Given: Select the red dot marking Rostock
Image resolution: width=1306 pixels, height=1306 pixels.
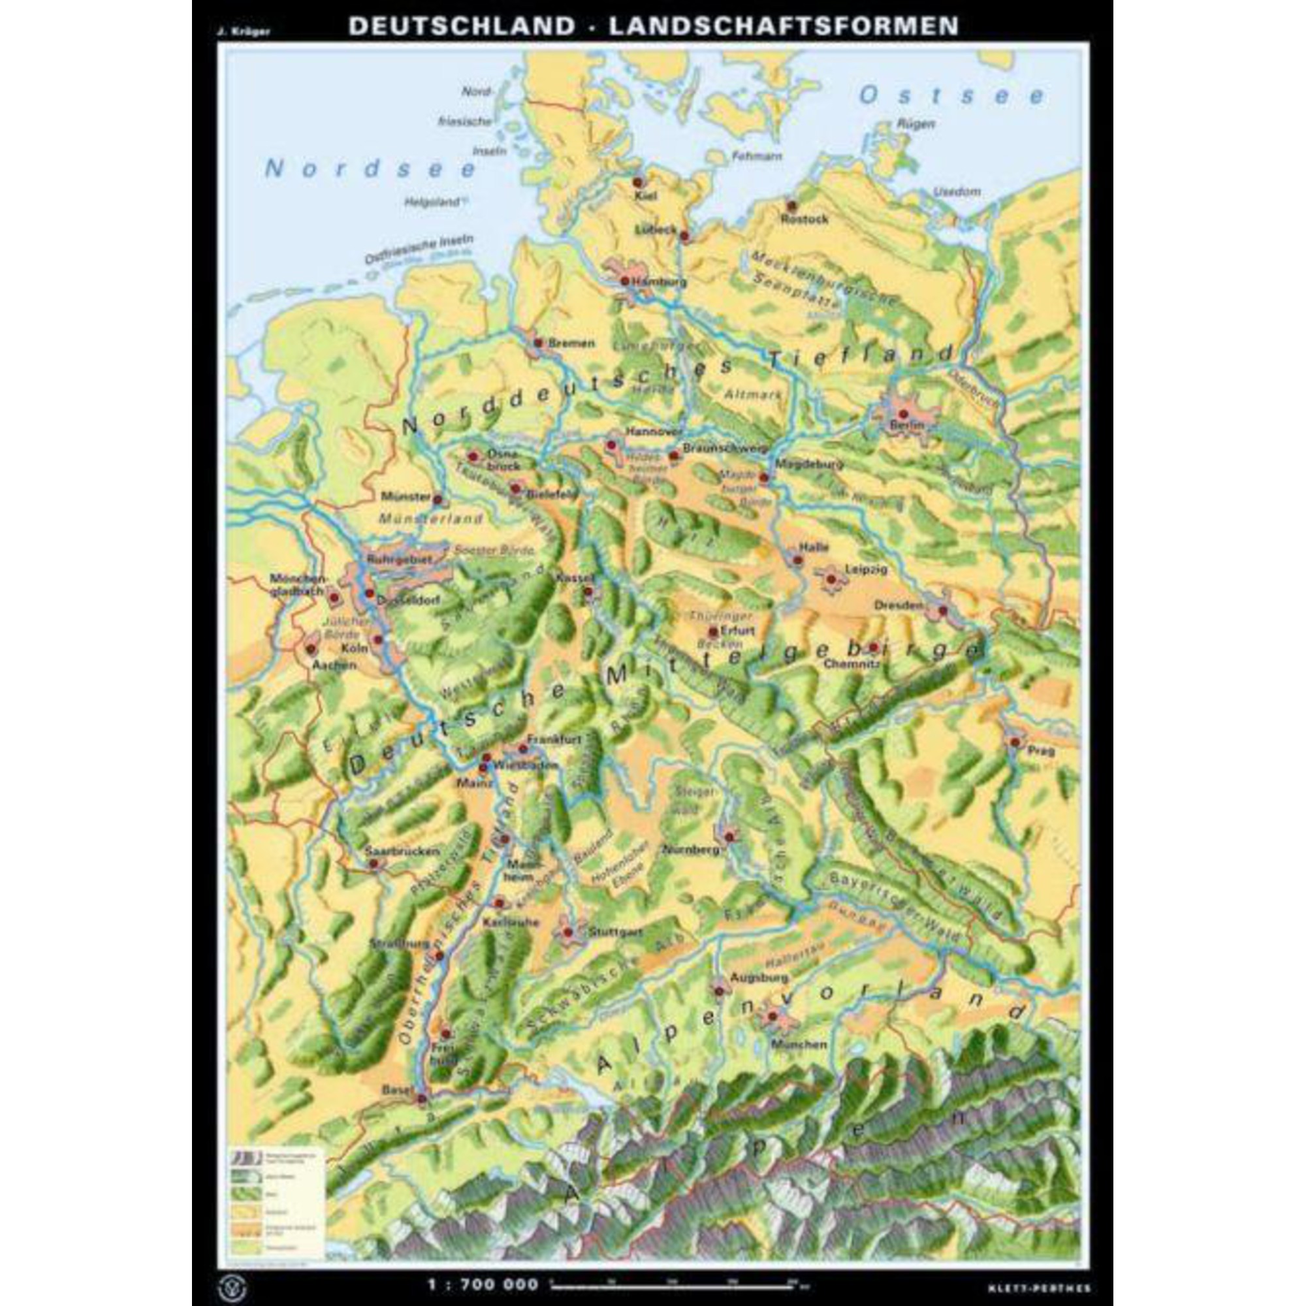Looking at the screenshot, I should click(789, 205).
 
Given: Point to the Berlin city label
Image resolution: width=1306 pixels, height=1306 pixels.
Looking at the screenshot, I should click(906, 425).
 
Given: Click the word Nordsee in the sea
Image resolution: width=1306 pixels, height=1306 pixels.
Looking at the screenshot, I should click(370, 168).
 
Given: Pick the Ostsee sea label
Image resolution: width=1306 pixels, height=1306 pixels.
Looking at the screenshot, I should click(952, 97).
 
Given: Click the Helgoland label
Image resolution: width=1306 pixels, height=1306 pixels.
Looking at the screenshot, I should click(431, 201).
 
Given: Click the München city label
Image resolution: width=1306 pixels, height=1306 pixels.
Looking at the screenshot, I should click(799, 1044).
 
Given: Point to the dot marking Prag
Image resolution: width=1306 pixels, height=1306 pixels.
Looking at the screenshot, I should click(1015, 742).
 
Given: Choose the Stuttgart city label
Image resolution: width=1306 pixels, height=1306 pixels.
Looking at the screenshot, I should click(614, 932).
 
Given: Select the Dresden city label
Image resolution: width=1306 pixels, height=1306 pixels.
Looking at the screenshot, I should click(899, 605).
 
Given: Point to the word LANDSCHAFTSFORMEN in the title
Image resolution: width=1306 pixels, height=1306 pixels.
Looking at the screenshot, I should click(784, 25).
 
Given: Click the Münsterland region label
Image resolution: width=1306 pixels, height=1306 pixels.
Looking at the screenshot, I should click(430, 519).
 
